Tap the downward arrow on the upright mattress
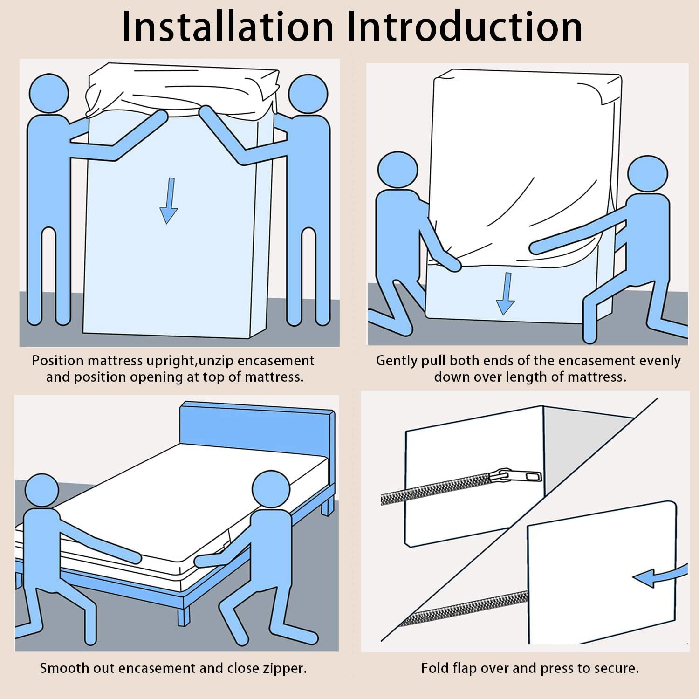click(x=169, y=200)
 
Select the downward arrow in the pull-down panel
click(x=506, y=294)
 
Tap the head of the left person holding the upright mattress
click(x=49, y=93)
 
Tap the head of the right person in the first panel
click(x=308, y=94)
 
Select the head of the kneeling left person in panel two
click(x=397, y=170)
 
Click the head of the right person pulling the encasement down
click(x=648, y=174)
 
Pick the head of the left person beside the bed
click(x=41, y=491)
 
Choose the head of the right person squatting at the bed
click(x=271, y=490)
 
